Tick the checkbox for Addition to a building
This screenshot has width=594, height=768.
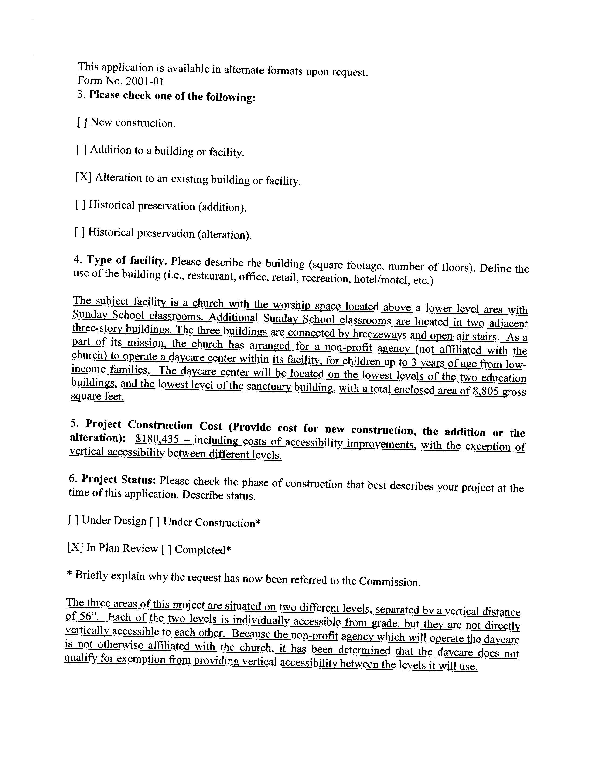click(x=81, y=150)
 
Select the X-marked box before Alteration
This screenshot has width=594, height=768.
click(x=83, y=177)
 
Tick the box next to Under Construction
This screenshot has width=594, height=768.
click(x=155, y=522)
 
